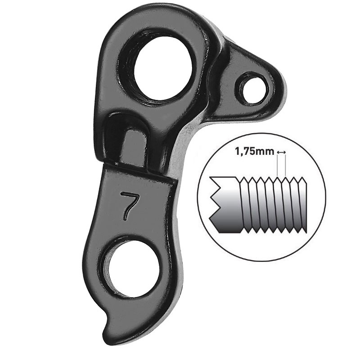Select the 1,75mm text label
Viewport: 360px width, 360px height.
[x=254, y=152]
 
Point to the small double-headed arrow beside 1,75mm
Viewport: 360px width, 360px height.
[x=281, y=152]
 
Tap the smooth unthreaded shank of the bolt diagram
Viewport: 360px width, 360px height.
[x=225, y=205]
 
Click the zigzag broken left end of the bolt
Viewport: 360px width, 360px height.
[x=215, y=205]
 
